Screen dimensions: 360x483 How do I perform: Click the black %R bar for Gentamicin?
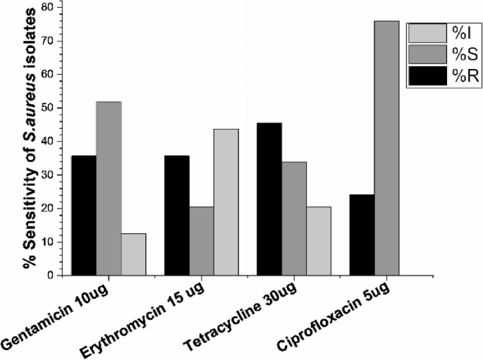84,216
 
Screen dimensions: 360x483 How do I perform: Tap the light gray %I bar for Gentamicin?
133,254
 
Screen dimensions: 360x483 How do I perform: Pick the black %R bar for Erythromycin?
176,216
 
